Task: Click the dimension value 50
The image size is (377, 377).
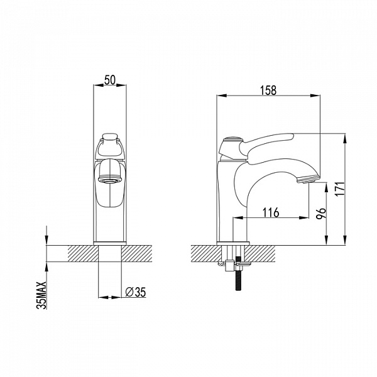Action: pos(110,80)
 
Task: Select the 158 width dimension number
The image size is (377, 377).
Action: pos(268,90)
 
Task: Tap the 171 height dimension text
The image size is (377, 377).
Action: pos(340,189)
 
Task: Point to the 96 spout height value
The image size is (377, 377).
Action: pos(321,213)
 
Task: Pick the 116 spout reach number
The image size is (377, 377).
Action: pos(271,212)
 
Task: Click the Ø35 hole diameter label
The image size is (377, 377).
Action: pos(136,292)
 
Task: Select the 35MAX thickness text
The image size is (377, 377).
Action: pos(41,295)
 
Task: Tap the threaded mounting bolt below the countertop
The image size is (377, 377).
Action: pos(238,274)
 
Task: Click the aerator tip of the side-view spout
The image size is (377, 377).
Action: pos(308,179)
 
